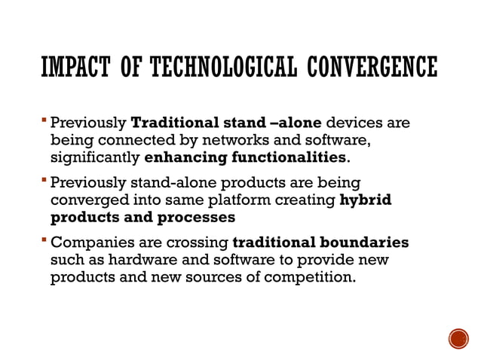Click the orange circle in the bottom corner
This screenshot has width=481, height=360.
[458, 338]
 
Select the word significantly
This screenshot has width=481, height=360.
[94, 158]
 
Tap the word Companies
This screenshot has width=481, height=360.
[90, 243]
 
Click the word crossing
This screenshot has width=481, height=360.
[196, 243]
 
